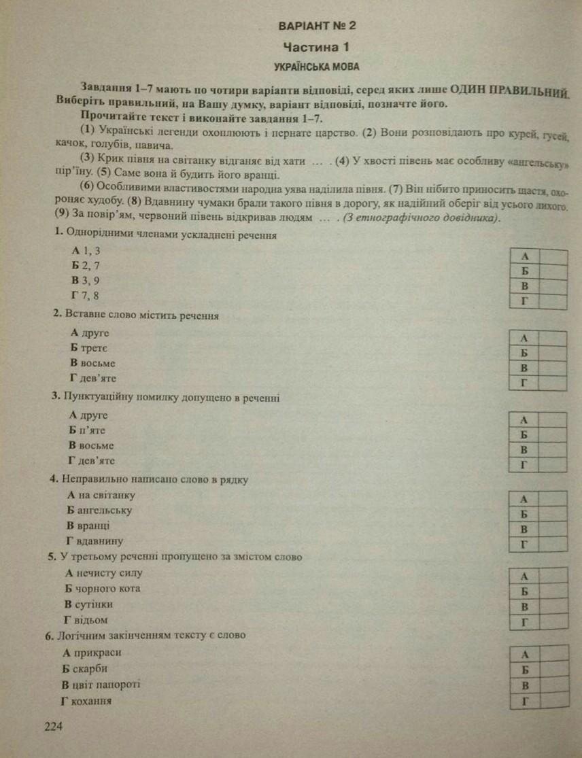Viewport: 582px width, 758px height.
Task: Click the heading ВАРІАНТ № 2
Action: pyautogui.click(x=318, y=26)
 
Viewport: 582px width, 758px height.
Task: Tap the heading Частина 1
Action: pyautogui.click(x=317, y=47)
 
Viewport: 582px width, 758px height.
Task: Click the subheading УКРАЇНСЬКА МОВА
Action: pyautogui.click(x=316, y=67)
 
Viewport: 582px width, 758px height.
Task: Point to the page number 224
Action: pyautogui.click(x=53, y=727)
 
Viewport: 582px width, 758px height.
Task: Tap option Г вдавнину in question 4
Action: pyautogui.click(x=95, y=541)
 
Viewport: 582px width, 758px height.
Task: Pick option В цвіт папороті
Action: pyautogui.click(x=101, y=684)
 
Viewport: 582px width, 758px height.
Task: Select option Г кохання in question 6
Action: pyautogui.click(x=87, y=700)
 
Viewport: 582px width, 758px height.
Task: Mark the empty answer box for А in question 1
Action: pyautogui.click(x=553, y=256)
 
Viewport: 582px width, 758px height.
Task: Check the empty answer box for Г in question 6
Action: pyautogui.click(x=553, y=700)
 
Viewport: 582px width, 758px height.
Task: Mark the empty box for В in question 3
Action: pyautogui.click(x=553, y=450)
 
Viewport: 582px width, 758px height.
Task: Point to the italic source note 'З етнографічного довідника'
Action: pyautogui.click(x=422, y=218)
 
